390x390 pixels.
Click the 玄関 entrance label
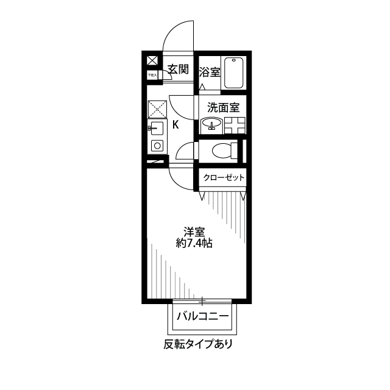(178, 69)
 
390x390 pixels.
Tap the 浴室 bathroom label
(210, 72)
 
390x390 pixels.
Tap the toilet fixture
(219, 151)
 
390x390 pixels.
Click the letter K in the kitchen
(175, 126)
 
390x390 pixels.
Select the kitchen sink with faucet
(156, 129)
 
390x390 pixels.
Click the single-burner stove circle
(156, 146)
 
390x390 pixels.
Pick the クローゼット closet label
(224, 177)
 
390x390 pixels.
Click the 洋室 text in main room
(194, 232)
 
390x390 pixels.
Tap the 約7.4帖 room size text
(194, 243)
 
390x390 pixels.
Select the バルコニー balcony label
(202, 317)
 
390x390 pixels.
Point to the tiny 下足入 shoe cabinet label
(152, 75)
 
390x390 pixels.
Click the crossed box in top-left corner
(152, 60)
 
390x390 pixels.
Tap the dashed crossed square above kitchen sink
(156, 110)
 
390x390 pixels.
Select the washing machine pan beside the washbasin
(235, 126)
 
